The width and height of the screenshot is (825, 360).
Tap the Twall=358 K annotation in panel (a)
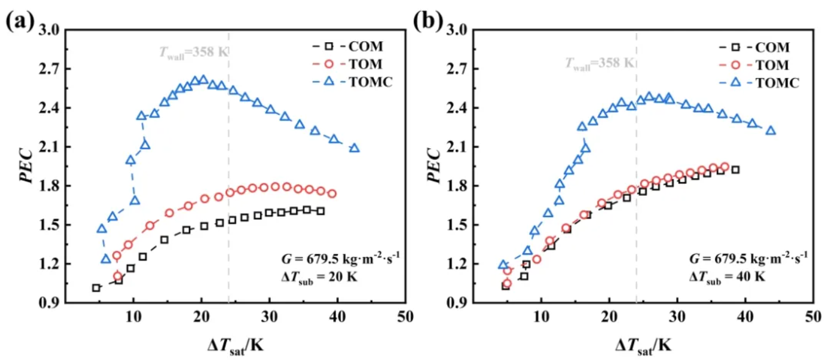coord(190,51)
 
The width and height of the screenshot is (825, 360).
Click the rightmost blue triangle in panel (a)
coord(354,148)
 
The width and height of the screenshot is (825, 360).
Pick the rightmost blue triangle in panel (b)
coord(771,130)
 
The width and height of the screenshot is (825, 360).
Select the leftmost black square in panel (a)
coord(96,287)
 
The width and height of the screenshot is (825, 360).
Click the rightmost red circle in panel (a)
coord(332,193)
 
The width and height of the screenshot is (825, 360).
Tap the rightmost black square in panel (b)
coord(735,170)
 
